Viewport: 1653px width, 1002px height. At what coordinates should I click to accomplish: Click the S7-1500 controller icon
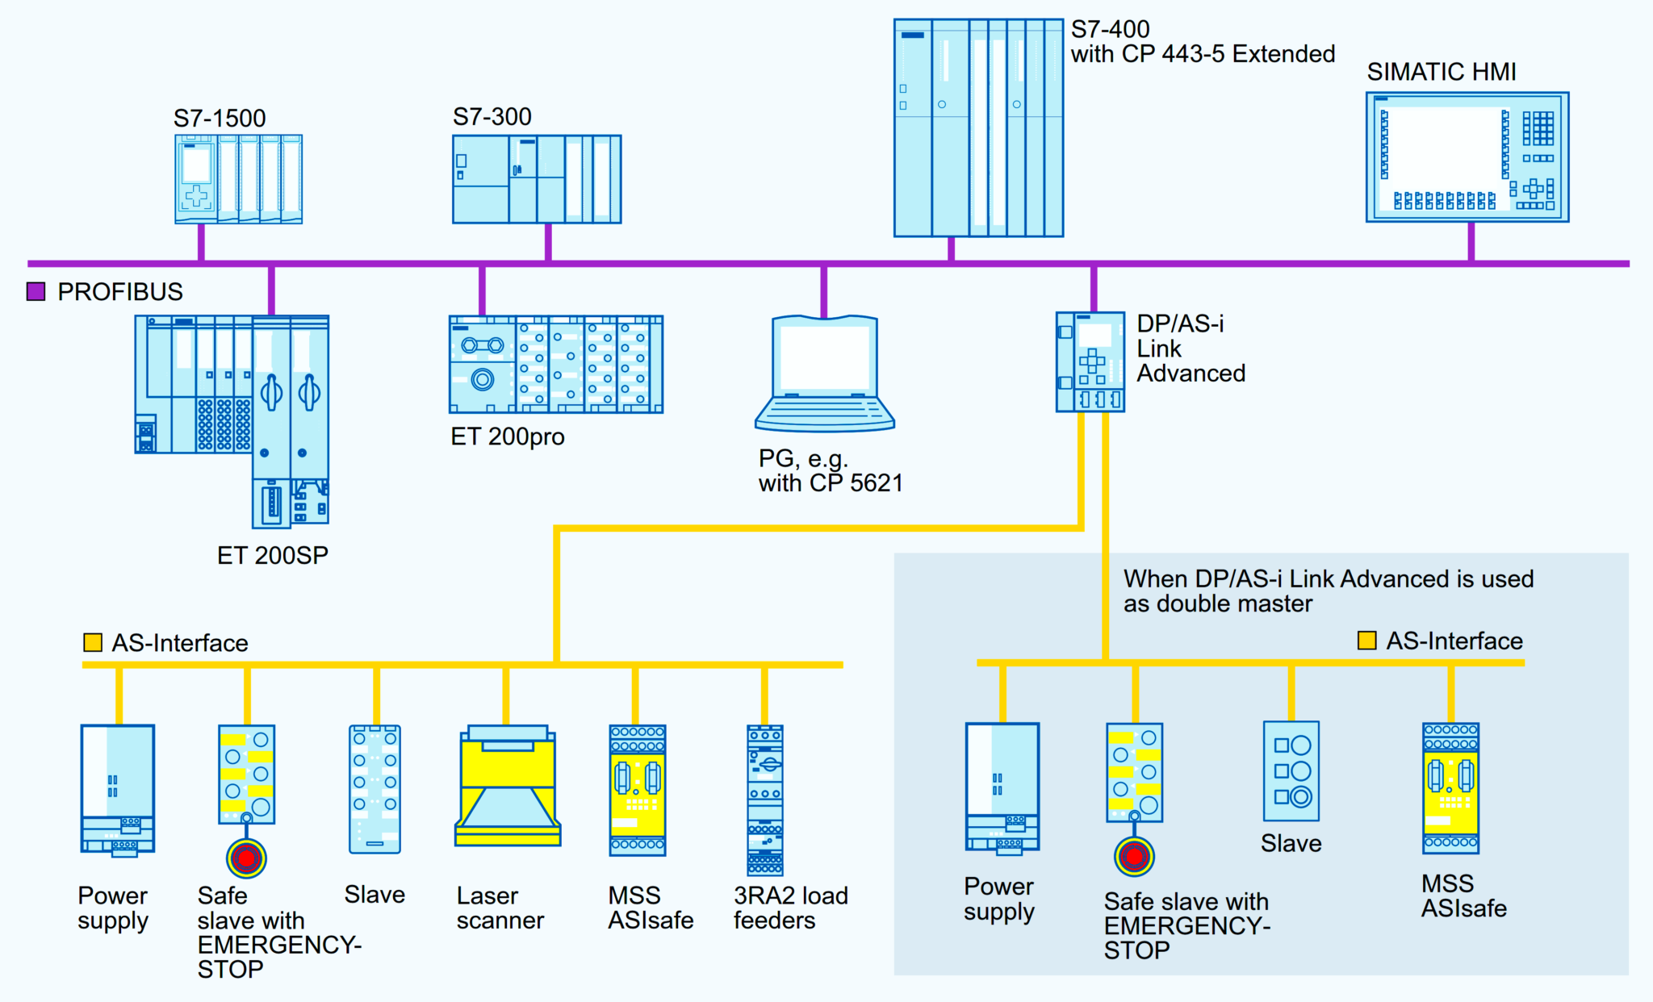click(x=238, y=179)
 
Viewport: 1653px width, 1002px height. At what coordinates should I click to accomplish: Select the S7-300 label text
click(x=492, y=117)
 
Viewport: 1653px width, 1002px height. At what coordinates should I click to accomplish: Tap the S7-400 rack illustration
click(x=978, y=127)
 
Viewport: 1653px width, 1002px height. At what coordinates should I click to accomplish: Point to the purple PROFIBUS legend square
click(x=36, y=291)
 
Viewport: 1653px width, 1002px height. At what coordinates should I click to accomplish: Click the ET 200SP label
click(x=272, y=555)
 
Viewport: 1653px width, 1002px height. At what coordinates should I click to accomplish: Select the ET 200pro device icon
click(x=555, y=365)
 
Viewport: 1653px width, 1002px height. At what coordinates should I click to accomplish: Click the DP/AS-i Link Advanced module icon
click(x=1090, y=361)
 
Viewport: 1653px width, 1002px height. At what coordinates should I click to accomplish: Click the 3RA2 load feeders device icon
click(x=764, y=799)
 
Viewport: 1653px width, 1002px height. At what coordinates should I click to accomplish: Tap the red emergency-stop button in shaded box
click(x=1134, y=857)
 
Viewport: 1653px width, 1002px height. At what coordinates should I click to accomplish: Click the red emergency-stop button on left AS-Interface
click(x=246, y=858)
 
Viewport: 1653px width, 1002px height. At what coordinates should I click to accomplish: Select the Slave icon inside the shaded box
click(x=1291, y=770)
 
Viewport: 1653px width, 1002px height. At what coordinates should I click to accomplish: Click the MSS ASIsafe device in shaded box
click(x=1450, y=788)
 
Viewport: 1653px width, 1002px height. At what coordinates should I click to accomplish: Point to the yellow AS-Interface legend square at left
click(x=93, y=642)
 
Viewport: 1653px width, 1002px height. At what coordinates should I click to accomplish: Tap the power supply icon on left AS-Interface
click(x=117, y=788)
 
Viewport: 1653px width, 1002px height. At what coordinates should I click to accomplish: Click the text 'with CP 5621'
click(x=830, y=483)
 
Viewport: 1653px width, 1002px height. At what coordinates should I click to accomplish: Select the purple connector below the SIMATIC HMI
click(x=1471, y=241)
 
